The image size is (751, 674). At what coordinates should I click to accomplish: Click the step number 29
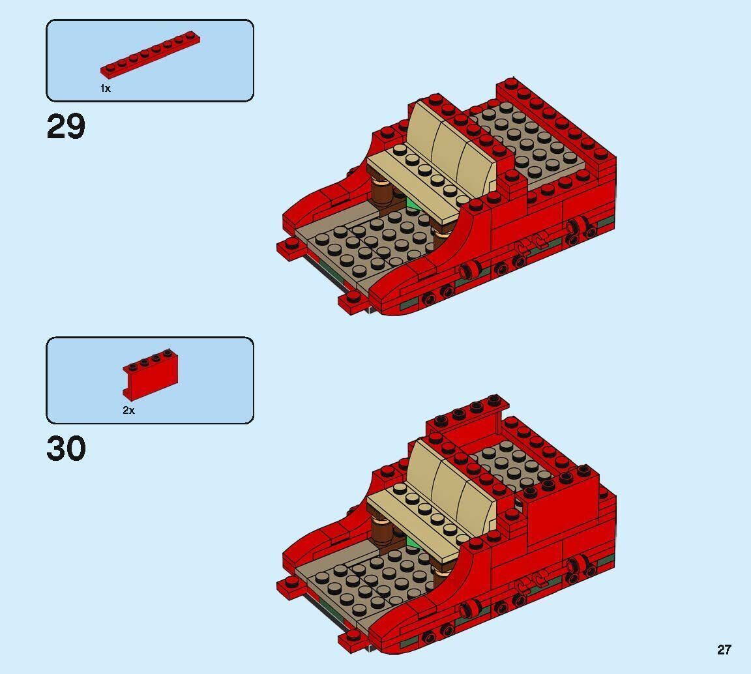pos(66,126)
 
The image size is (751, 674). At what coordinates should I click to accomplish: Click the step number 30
pos(66,449)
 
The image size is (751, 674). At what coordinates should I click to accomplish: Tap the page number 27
pos(724,649)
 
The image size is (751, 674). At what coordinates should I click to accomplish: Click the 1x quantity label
pos(106,88)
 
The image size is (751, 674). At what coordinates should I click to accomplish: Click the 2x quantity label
pos(128,410)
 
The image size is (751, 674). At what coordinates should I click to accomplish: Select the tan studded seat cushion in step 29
pos(417,176)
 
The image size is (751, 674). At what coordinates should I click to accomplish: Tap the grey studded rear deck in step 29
pos(528,143)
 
